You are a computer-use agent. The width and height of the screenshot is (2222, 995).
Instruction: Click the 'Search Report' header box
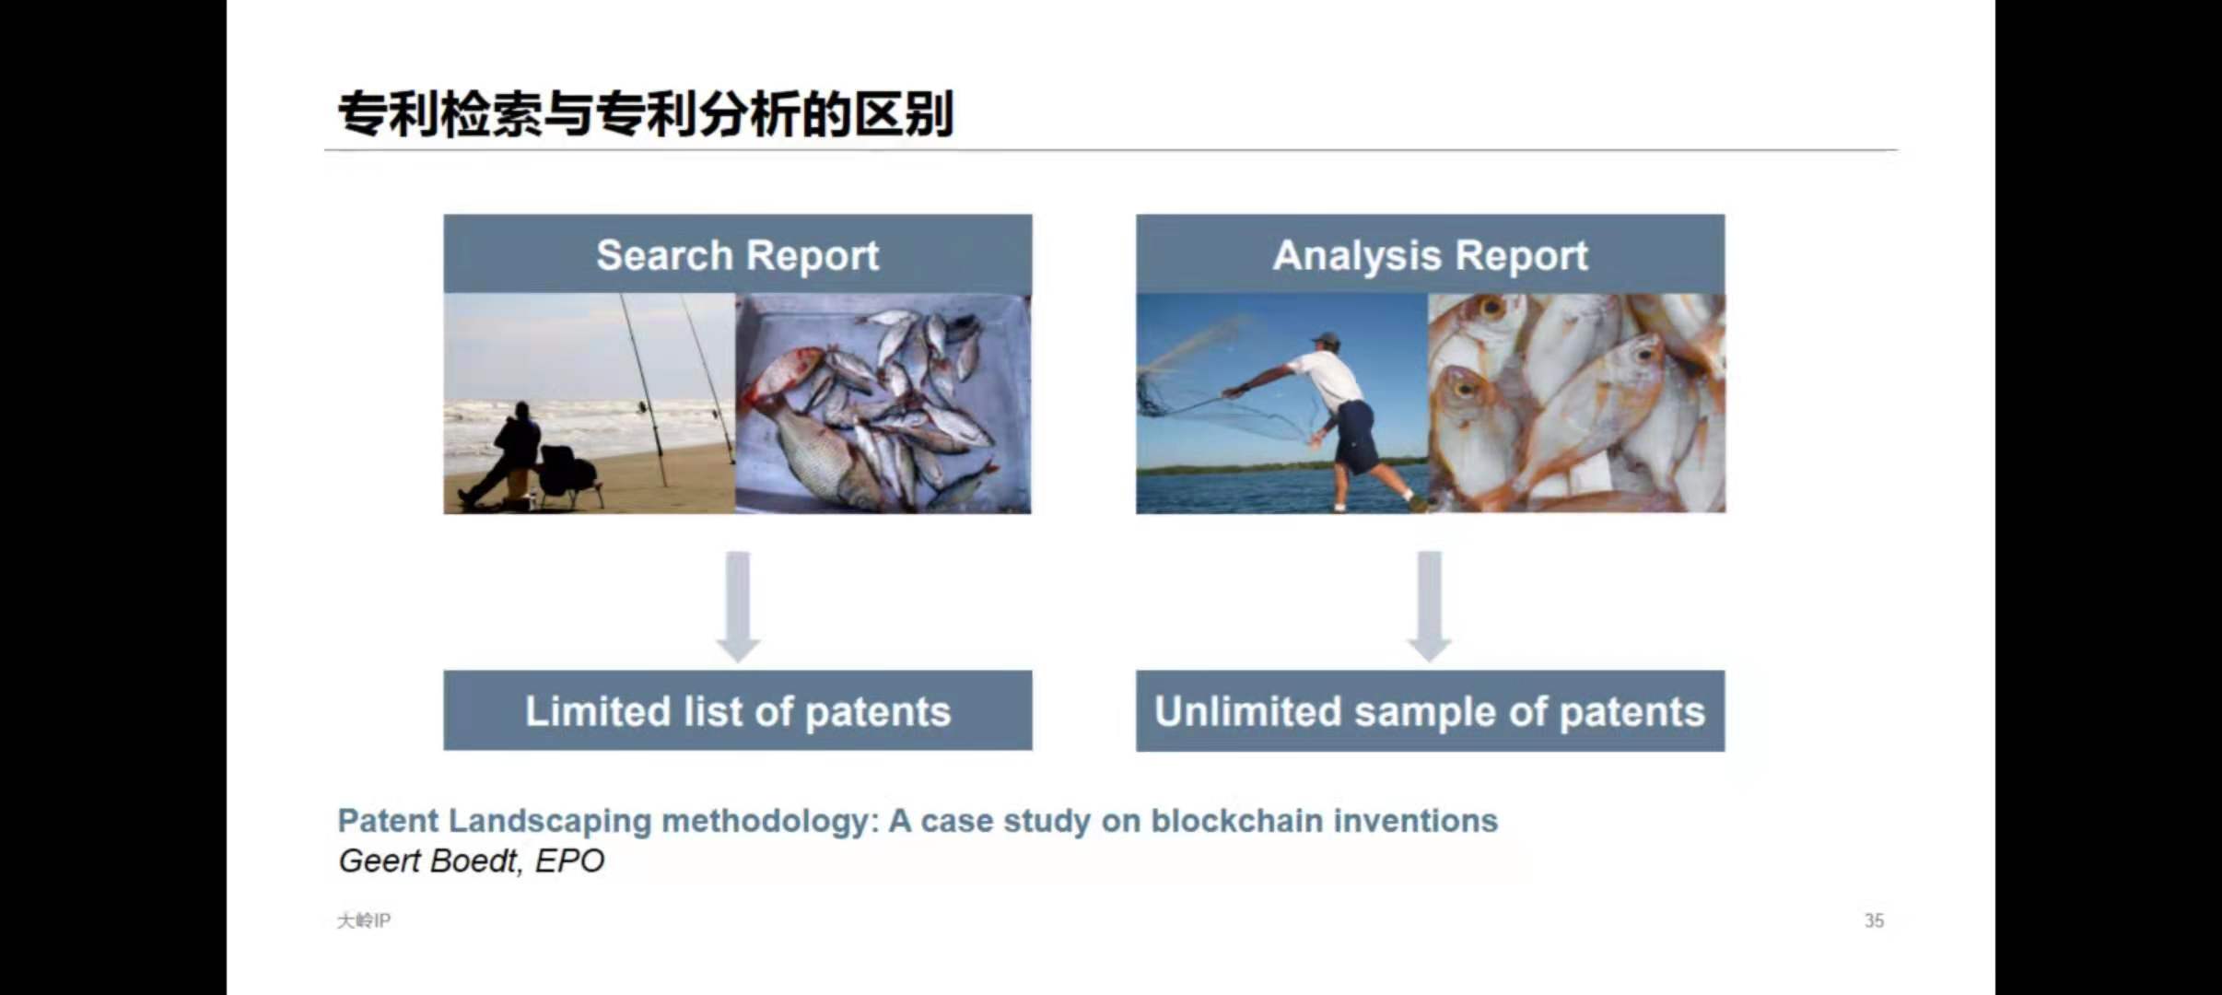pyautogui.click(x=737, y=254)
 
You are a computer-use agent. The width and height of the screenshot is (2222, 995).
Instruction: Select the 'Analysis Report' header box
pyautogui.click(x=1430, y=254)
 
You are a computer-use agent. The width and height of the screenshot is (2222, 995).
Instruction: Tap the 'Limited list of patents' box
pyautogui.click(x=737, y=710)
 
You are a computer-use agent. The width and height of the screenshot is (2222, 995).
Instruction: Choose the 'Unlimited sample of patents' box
pyautogui.click(x=1430, y=710)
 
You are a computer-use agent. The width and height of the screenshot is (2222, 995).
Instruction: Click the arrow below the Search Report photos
pyautogui.click(x=738, y=606)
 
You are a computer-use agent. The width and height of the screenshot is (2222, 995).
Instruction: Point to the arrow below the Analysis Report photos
pyautogui.click(x=1430, y=606)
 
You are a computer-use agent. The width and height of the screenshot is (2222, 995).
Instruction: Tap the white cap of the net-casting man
pyautogui.click(x=1325, y=339)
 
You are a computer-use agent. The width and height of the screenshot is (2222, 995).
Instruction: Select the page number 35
pyautogui.click(x=1874, y=920)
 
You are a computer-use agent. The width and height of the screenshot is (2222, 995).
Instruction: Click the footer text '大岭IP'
pyautogui.click(x=364, y=920)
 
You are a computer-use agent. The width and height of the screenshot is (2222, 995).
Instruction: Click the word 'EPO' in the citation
pyautogui.click(x=569, y=860)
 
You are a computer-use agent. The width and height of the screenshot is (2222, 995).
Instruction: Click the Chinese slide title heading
pyautogui.click(x=646, y=114)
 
